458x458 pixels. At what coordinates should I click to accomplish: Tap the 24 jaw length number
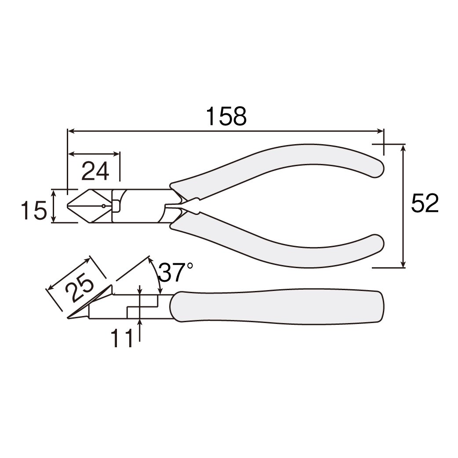tap(95, 171)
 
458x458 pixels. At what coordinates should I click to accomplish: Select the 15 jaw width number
tap(34, 210)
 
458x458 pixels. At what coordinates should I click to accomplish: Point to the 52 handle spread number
tap(425, 203)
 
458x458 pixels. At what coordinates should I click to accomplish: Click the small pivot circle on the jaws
tap(103, 206)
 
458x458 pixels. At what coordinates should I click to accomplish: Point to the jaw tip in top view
tap(68, 206)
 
